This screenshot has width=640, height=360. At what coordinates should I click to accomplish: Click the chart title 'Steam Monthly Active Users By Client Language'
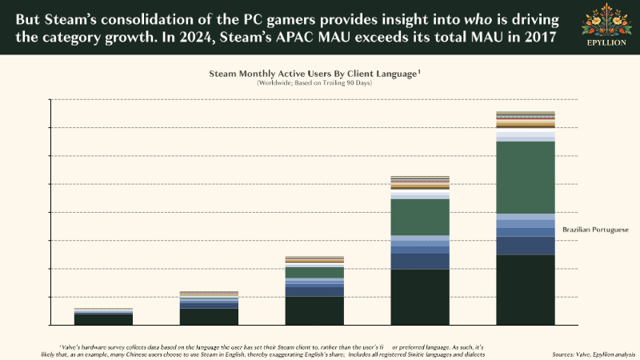click(314, 73)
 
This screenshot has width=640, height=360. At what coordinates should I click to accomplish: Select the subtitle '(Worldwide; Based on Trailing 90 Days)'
click(314, 82)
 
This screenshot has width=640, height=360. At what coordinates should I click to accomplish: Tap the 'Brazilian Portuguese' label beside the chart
click(595, 230)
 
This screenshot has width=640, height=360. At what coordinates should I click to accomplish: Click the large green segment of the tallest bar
click(526, 178)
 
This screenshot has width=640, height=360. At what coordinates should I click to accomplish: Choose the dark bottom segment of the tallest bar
click(526, 290)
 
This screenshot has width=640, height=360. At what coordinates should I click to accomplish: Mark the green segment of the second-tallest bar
click(420, 217)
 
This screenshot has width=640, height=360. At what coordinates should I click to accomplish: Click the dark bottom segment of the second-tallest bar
click(420, 297)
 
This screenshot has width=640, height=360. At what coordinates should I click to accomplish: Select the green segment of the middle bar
click(314, 272)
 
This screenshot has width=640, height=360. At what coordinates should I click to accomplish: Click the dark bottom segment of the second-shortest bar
click(209, 316)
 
